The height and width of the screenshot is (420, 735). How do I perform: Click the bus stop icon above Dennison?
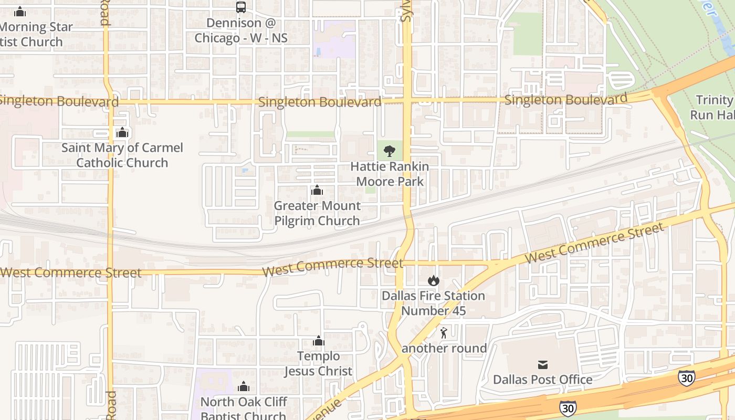(241, 7)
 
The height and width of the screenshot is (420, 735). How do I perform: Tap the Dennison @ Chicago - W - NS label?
(241, 30)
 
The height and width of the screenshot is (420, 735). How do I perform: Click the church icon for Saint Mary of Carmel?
(122, 132)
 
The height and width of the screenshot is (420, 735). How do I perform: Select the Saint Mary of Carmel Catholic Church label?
(122, 155)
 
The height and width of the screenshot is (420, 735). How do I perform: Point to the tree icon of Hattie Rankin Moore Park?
(390, 151)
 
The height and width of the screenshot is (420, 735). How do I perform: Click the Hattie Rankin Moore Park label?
(390, 174)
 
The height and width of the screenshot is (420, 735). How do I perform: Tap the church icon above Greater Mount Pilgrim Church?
(317, 190)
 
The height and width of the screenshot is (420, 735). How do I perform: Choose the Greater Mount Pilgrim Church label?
(317, 213)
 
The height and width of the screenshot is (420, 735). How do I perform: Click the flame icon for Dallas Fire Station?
(433, 280)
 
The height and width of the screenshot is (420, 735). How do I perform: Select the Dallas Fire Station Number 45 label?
(433, 303)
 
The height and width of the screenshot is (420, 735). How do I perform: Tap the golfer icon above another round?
(444, 333)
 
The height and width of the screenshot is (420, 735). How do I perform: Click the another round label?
(444, 349)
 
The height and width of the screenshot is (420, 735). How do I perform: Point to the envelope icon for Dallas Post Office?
(542, 364)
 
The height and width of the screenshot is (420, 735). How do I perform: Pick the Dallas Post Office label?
(542, 380)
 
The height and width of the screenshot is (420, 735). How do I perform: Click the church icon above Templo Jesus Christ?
(318, 341)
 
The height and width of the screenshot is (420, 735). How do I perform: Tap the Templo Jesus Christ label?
(318, 364)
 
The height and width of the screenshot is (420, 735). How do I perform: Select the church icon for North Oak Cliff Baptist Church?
(244, 387)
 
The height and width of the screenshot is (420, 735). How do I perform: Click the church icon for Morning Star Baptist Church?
(20, 12)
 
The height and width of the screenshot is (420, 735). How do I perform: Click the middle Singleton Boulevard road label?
(320, 102)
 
